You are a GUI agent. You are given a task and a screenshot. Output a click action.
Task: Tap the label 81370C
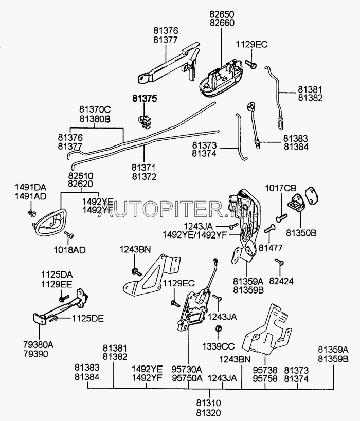coord(95,109)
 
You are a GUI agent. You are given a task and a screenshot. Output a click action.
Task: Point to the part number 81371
coord(144,168)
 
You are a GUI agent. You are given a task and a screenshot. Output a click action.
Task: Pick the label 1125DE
coord(87,319)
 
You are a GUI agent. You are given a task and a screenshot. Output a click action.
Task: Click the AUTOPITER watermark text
coord(195,208)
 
